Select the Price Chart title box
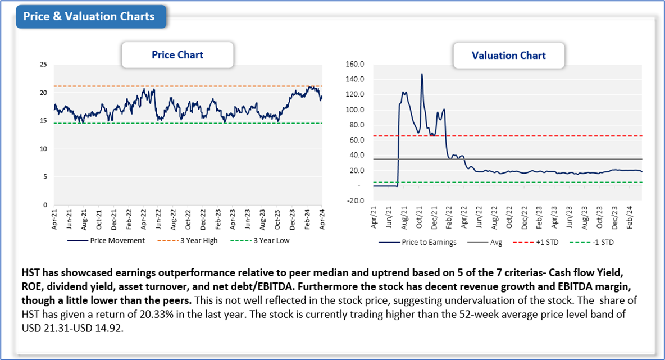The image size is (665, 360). point(177,55)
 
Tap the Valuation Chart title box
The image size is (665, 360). point(508,56)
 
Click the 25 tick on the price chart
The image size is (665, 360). point(43,65)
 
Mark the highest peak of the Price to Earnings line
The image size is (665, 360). point(421,74)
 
